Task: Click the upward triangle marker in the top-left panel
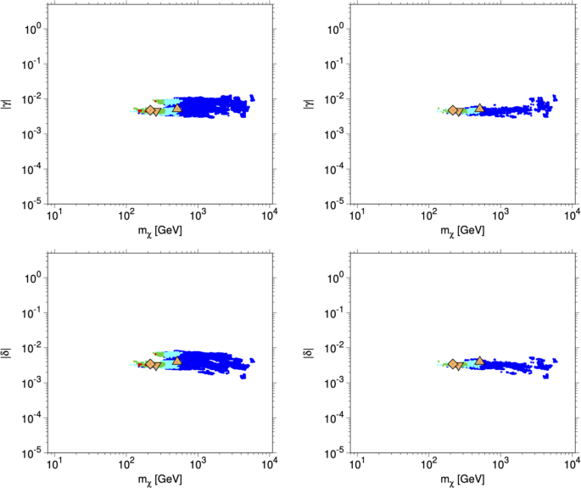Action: pyautogui.click(x=176, y=108)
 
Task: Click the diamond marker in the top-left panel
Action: pyautogui.click(x=150, y=110)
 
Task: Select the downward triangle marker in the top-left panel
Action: pyautogui.click(x=158, y=111)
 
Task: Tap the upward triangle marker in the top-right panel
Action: pyautogui.click(x=479, y=108)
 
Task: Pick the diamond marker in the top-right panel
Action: pyautogui.click(x=453, y=110)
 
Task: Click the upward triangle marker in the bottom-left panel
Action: pyautogui.click(x=176, y=362)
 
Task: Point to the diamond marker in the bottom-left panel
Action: pyautogui.click(x=150, y=364)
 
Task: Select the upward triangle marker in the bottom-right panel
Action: pyautogui.click(x=479, y=362)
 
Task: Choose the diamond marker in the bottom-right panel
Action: pyautogui.click(x=453, y=364)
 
